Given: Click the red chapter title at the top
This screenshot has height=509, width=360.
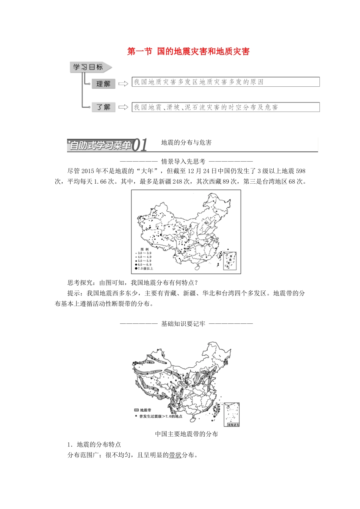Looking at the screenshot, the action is (x=188, y=52).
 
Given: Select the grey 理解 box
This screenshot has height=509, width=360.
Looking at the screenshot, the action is (x=103, y=84).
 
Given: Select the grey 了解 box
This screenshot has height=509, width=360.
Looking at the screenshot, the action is (x=103, y=107).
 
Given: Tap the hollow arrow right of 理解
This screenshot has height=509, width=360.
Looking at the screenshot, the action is (x=123, y=84).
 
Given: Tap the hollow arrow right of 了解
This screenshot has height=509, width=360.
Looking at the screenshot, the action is (x=123, y=107).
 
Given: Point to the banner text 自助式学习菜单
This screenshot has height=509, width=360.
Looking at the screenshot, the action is (x=100, y=145).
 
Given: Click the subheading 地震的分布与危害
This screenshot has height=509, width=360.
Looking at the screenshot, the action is (x=186, y=142).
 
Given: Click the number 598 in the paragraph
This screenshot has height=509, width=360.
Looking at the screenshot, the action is (x=300, y=171).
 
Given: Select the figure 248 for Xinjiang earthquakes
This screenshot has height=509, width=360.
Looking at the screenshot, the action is (x=177, y=181).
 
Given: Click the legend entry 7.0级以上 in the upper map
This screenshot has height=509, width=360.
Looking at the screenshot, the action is (x=146, y=269).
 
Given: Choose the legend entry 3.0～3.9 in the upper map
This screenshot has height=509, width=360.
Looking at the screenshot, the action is (x=144, y=253).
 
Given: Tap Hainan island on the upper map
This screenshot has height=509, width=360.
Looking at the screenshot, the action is (x=197, y=267).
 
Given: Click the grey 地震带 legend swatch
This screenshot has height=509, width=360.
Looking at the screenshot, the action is (x=136, y=410).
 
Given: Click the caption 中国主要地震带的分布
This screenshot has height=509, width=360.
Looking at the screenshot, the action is (x=186, y=434).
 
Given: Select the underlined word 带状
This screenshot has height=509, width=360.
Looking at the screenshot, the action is (x=175, y=455).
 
